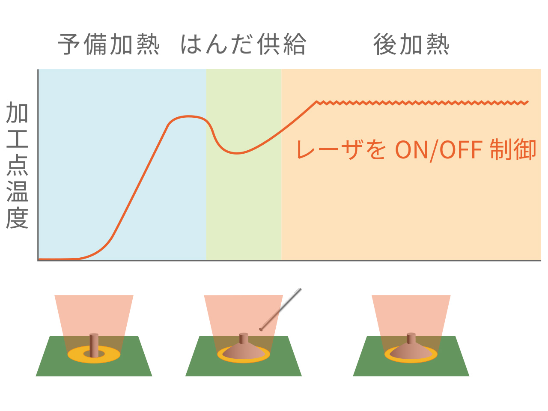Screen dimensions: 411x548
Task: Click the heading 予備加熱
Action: tap(109, 45)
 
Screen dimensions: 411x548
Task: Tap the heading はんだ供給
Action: tap(243, 45)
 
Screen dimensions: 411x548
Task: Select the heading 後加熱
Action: tap(411, 45)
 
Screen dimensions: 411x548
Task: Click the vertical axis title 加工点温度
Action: tap(17, 165)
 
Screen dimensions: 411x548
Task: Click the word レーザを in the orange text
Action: tap(342, 150)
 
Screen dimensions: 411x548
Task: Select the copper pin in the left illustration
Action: tap(94, 345)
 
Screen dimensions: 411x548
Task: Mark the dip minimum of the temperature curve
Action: tap(237, 153)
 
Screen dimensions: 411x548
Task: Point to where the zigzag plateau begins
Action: tap(316, 102)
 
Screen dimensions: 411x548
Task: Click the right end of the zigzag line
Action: tap(528, 102)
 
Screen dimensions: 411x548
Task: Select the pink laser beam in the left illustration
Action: tap(94, 313)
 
